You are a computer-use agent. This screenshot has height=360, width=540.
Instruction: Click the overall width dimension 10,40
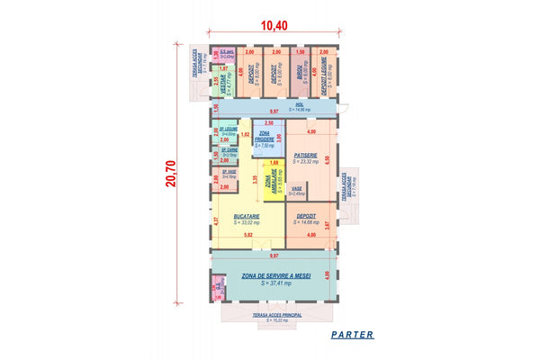[274, 25]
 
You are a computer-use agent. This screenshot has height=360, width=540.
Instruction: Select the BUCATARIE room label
[246, 216]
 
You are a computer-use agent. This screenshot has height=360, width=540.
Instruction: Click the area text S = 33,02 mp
[246, 223]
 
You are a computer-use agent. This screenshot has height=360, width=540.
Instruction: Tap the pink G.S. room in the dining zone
[217, 287]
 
